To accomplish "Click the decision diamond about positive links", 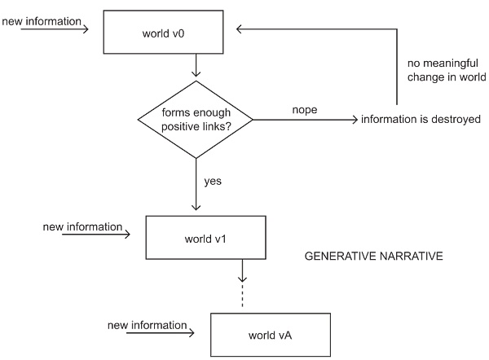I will pos(196,120).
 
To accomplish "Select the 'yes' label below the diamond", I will pos(213,180).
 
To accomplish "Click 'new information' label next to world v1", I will pos(82,226).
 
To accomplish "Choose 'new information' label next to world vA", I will pos(147,325).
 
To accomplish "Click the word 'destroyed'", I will pos(456,120).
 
